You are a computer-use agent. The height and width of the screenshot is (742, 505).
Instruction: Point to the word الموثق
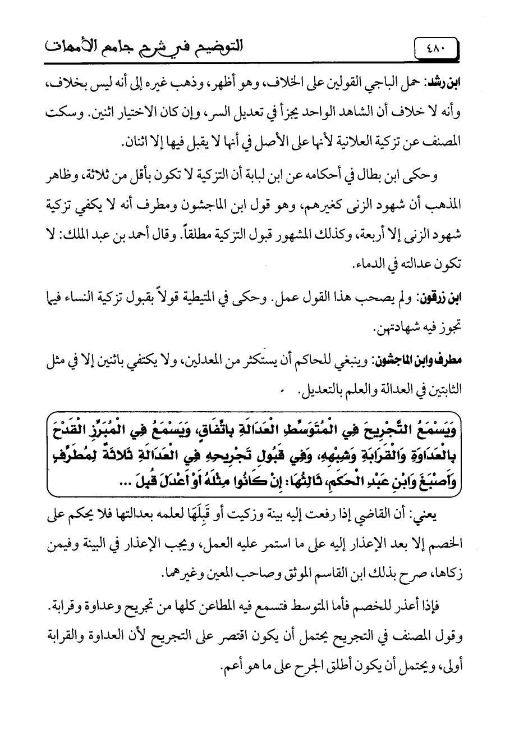coord(258,575)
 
